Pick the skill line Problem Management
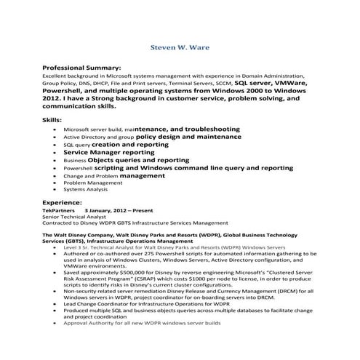pyautogui.click(x=94, y=183)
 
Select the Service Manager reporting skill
pyautogui.click(x=108, y=153)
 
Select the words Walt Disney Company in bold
pyautogui.click(x=81, y=236)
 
